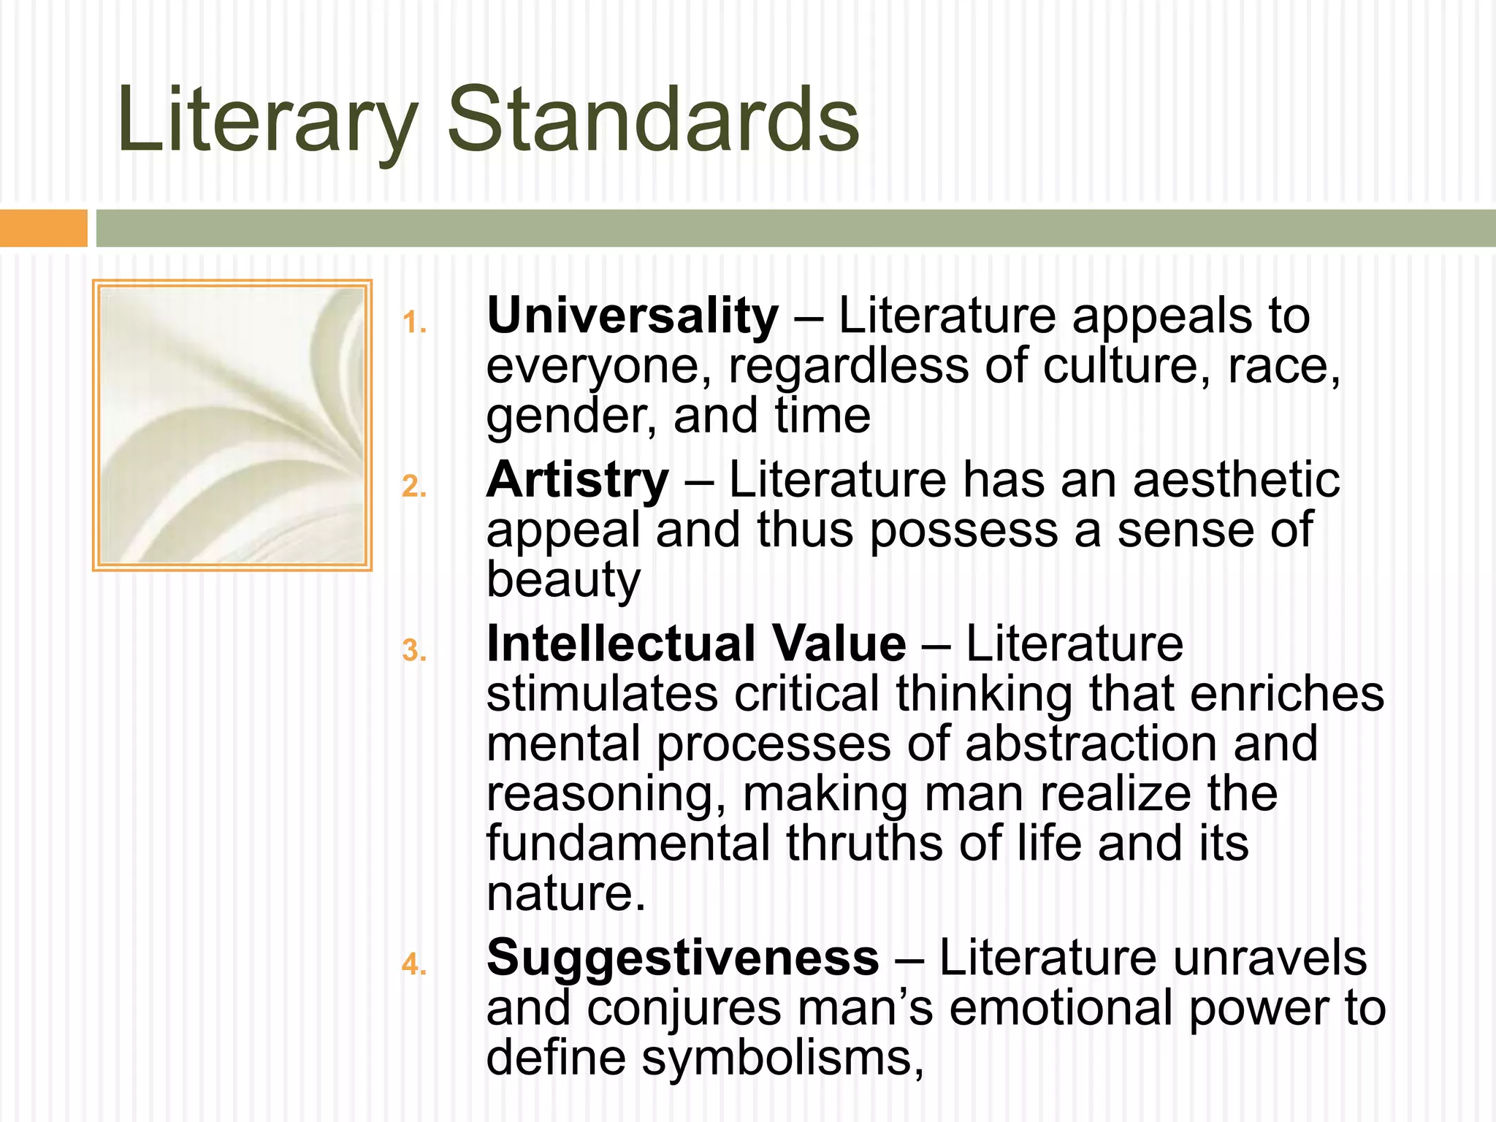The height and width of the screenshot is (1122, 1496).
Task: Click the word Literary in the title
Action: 267,121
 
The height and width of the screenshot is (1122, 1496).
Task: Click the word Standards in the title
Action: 653,121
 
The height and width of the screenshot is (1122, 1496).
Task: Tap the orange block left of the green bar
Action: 43,228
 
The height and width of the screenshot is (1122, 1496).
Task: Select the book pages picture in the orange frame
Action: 232,425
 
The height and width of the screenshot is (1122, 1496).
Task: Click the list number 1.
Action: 413,323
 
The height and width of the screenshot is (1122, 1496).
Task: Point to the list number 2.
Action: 413,486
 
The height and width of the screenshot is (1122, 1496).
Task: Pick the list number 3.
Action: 413,650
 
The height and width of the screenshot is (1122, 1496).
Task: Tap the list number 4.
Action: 413,964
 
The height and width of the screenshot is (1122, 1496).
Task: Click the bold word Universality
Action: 633,317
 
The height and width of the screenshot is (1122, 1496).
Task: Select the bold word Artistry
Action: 577,481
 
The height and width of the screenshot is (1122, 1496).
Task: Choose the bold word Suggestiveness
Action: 682,958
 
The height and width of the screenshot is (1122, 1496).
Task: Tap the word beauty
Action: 563,580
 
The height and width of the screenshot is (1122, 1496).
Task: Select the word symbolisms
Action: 782,1058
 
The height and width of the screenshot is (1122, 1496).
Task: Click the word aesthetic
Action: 1236,481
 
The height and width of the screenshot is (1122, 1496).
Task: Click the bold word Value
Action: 839,644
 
